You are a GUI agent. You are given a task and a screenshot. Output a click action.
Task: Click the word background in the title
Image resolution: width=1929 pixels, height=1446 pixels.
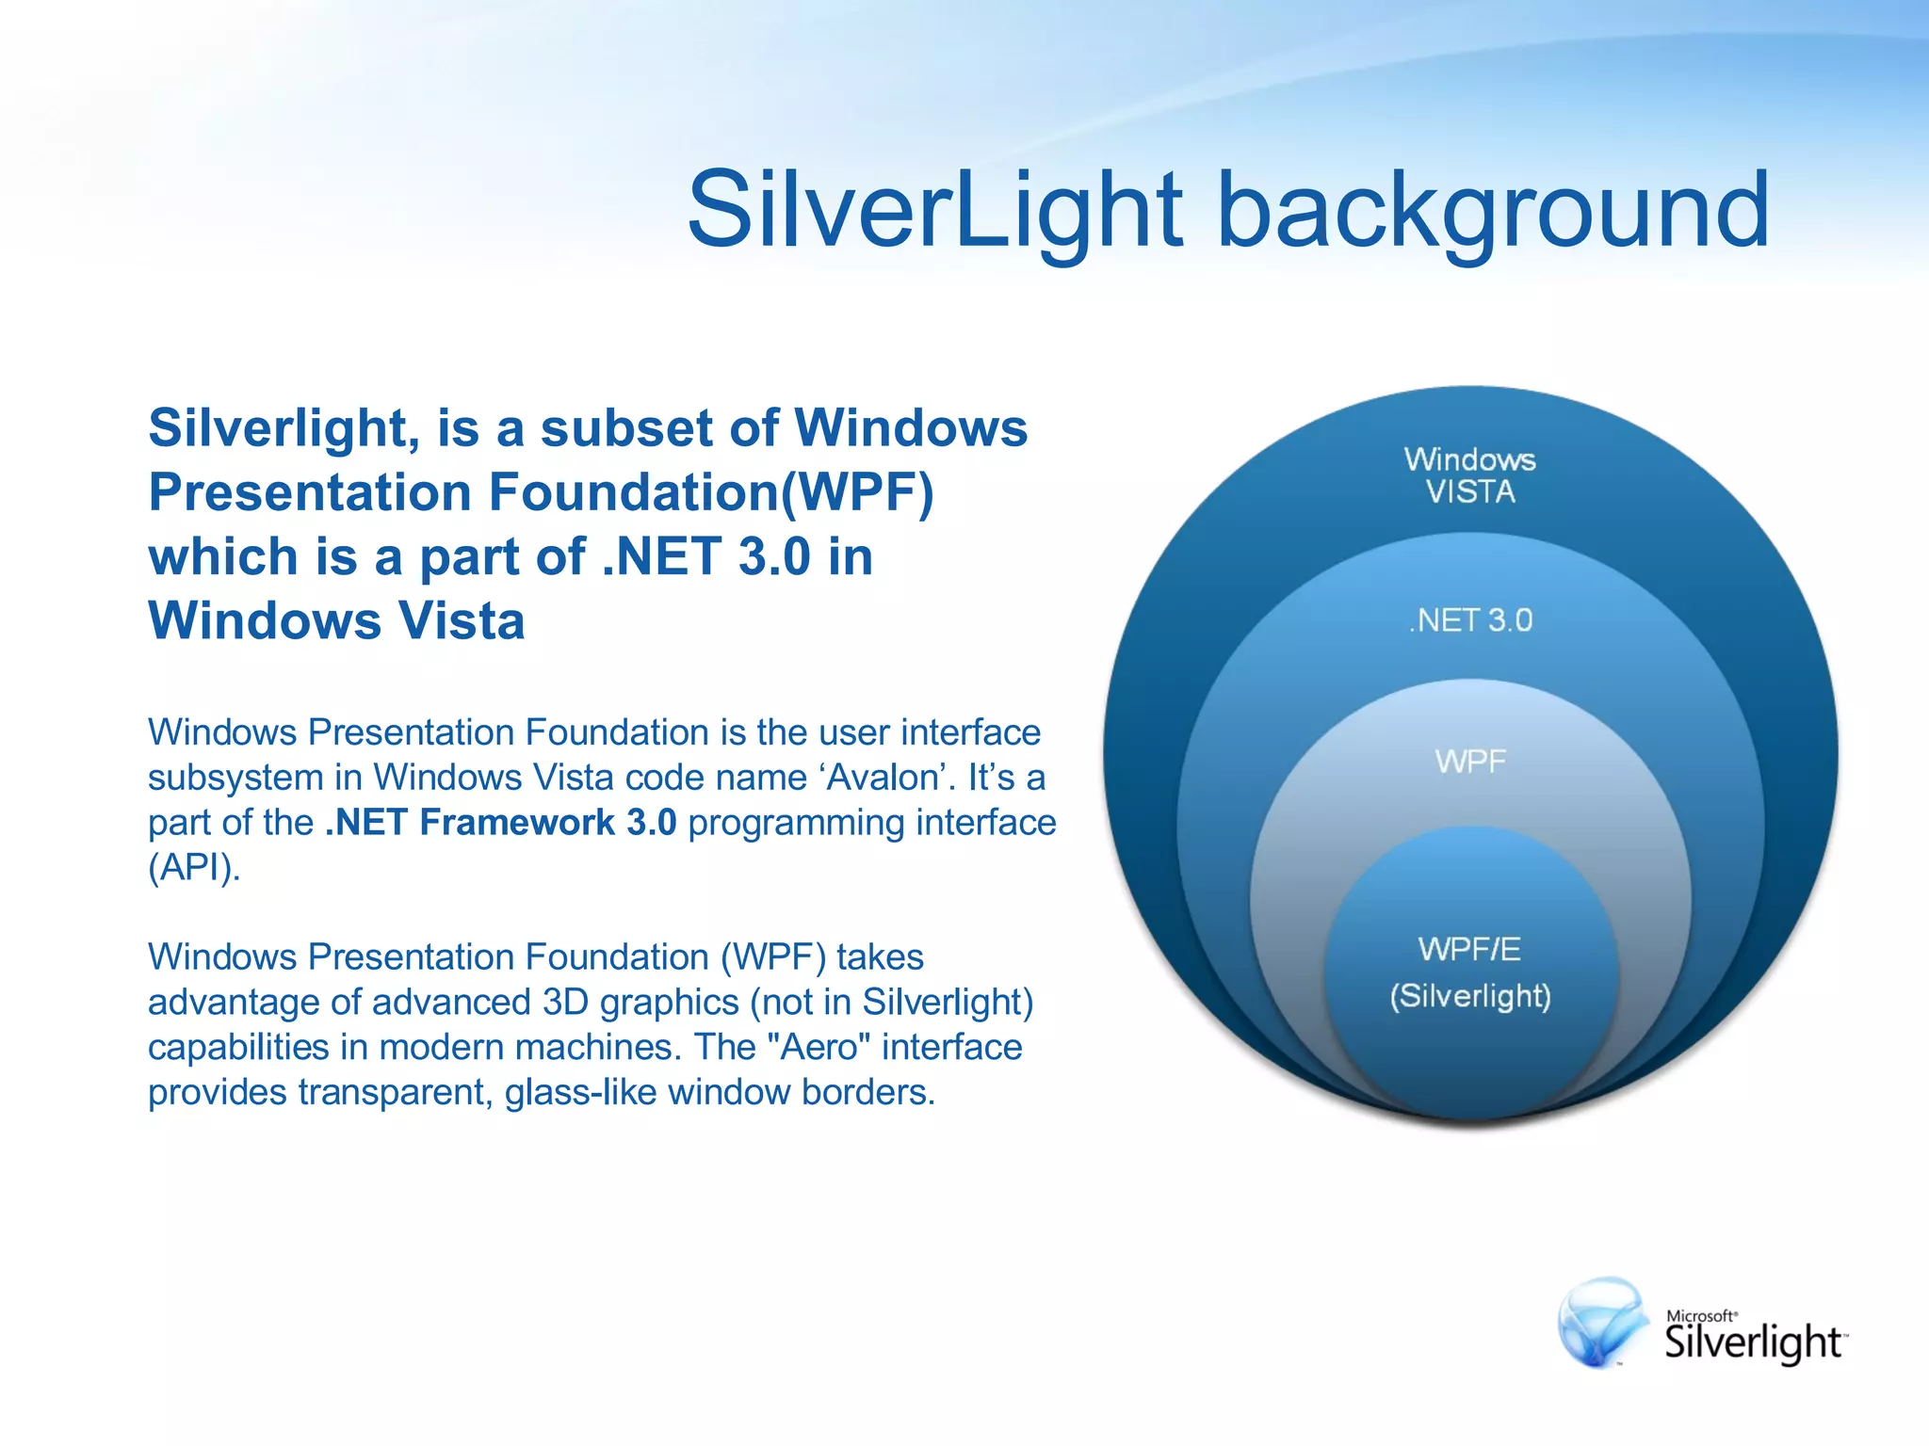pyautogui.click(x=1493, y=209)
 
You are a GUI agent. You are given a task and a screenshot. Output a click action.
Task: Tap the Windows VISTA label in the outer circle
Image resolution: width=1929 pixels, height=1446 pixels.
pyautogui.click(x=1469, y=475)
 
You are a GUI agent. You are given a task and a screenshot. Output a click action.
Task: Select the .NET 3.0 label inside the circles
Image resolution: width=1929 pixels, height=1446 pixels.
pyautogui.click(x=1471, y=620)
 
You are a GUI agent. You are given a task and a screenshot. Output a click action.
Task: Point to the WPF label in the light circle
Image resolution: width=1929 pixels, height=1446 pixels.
pyautogui.click(x=1470, y=761)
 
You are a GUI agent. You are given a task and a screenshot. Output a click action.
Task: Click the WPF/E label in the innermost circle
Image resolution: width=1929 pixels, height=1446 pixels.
pyautogui.click(x=1469, y=949)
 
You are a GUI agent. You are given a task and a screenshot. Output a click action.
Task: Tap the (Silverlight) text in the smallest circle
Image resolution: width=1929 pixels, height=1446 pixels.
pyautogui.click(x=1470, y=996)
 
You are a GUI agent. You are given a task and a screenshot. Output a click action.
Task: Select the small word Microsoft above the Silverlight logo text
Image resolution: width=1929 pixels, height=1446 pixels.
pyautogui.click(x=1700, y=1315)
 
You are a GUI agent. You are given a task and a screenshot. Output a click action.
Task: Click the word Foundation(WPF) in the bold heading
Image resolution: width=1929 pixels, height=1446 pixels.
pyautogui.click(x=711, y=492)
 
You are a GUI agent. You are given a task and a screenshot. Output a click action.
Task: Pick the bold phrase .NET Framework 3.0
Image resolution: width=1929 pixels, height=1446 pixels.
pyautogui.click(x=500, y=823)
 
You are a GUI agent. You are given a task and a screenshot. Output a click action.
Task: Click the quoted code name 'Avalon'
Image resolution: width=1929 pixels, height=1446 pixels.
pyautogui.click(x=887, y=778)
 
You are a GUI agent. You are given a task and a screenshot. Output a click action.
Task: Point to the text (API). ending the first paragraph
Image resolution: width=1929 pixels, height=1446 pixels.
pyautogui.click(x=194, y=867)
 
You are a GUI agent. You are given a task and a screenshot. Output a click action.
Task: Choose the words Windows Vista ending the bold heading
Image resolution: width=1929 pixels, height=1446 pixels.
pyautogui.click(x=336, y=621)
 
